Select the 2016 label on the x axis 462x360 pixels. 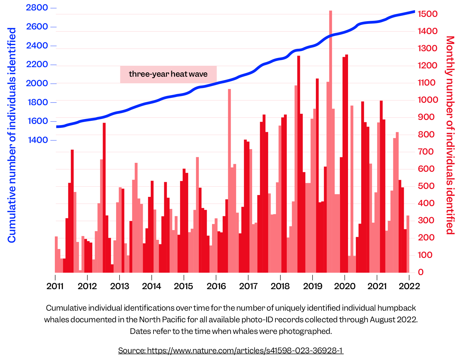[x=216, y=286]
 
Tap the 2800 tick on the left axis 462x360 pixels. [x=37, y=8]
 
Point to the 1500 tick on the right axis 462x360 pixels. [x=428, y=14]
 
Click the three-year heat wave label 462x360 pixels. [x=168, y=74]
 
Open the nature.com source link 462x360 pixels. [x=231, y=350]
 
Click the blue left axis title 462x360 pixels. [x=12, y=135]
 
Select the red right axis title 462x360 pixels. [x=450, y=135]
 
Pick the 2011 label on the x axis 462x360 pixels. [x=55, y=286]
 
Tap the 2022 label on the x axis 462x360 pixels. [x=409, y=286]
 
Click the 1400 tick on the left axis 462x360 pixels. [x=38, y=140]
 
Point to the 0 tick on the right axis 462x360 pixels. [x=421, y=272]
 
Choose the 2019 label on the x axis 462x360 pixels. [x=312, y=286]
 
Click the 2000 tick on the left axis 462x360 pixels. [x=37, y=83]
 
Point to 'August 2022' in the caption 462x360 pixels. [x=393, y=320]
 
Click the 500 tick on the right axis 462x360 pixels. [x=426, y=186]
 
